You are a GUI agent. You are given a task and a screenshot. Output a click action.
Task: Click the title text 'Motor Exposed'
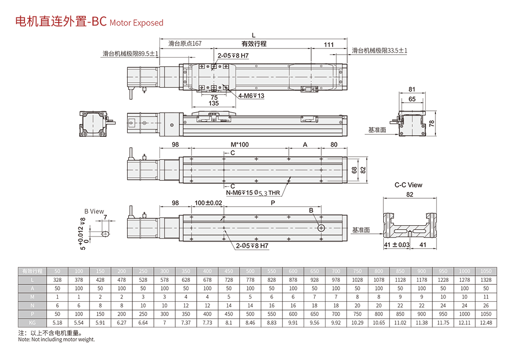click(136, 23)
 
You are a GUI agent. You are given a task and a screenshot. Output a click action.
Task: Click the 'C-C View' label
click(408, 185)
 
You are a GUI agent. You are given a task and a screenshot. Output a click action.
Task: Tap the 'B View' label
click(94, 211)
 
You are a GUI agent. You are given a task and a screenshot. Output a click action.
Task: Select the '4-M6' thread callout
click(251, 96)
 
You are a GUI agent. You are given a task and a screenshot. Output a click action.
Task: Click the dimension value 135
click(214, 103)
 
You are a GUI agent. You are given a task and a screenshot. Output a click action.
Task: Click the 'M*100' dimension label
click(240, 145)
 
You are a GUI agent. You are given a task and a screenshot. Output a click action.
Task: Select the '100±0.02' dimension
click(208, 203)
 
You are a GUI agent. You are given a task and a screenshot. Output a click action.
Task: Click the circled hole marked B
click(321, 228)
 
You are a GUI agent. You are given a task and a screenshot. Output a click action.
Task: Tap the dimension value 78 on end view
click(432, 123)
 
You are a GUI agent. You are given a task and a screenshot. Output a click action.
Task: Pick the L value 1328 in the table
click(486, 280)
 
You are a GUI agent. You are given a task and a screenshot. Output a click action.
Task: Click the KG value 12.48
click(486, 323)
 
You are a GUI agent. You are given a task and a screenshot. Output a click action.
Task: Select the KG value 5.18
click(57, 323)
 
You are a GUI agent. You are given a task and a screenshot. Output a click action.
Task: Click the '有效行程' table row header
click(32, 271)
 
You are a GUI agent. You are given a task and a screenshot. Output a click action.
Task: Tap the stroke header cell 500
click(250, 271)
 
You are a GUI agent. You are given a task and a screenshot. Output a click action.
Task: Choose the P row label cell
click(32, 314)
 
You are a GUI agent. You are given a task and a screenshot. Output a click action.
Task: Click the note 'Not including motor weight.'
click(56, 340)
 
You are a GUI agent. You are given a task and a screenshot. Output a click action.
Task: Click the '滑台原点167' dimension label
click(185, 44)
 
